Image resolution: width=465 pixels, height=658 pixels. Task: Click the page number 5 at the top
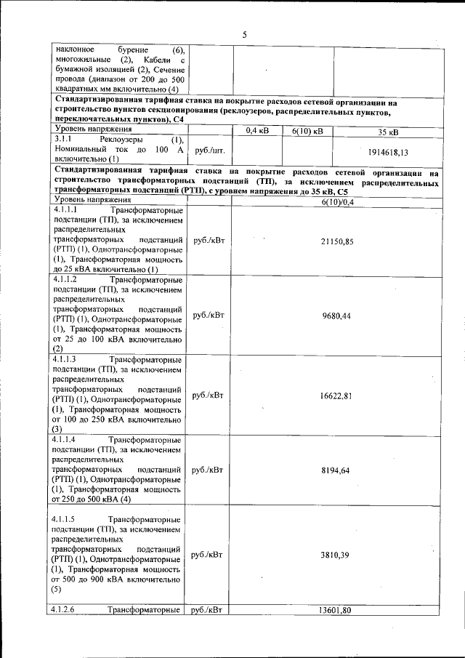coord(245,34)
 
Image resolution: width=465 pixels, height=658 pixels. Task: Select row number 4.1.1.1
coord(67,209)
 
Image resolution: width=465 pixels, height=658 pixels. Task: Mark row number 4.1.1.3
coord(67,360)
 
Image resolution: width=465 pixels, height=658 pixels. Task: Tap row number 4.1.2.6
coord(67,610)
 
